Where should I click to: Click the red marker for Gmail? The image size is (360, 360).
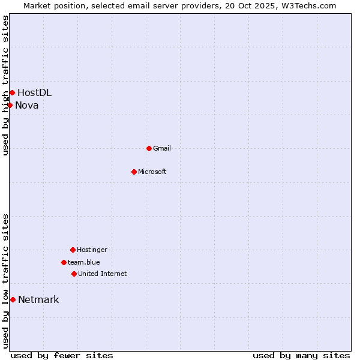(149, 148)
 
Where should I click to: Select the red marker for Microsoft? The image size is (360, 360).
(134, 172)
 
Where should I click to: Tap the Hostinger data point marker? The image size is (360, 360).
(73, 250)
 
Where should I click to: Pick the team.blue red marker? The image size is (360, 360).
(64, 262)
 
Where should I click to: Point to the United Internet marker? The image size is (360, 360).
(74, 274)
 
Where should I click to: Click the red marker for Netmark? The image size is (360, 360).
(13, 299)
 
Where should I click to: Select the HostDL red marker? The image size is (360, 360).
(12, 92)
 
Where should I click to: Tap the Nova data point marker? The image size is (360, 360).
(10, 105)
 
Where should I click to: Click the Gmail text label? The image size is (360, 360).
(162, 148)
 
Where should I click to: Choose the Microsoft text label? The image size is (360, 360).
(152, 172)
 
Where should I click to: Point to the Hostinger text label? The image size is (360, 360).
(92, 250)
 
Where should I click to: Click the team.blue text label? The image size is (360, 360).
(84, 262)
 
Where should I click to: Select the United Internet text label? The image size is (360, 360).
(103, 274)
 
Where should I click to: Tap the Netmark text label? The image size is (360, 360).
(38, 300)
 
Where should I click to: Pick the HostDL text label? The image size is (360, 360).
(34, 92)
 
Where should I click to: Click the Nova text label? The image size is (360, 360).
(27, 106)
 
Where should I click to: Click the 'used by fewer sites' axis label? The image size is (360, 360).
(62, 355)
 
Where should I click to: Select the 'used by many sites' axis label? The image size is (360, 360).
(301, 355)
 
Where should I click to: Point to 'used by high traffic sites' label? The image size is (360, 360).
(5, 85)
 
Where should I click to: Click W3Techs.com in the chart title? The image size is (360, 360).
(307, 5)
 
